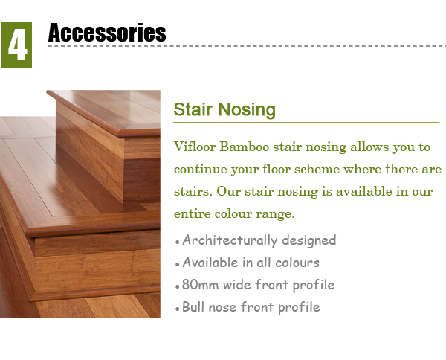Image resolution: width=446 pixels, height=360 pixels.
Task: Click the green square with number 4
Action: tap(16, 45)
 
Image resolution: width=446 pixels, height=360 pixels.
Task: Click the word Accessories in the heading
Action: tap(107, 33)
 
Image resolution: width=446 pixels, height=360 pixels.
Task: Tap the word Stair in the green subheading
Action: tap(193, 109)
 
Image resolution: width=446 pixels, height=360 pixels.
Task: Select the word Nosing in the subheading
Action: tap(248, 110)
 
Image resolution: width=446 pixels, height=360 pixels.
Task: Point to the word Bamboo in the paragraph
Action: tap(245, 147)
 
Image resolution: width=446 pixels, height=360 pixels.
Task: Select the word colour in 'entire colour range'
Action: tap(233, 213)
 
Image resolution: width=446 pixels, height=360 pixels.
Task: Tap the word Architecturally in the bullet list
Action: tap(230, 240)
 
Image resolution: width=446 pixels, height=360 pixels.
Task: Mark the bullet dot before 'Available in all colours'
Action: tap(178, 264)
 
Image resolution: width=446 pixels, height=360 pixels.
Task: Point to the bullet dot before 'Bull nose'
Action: tap(178, 309)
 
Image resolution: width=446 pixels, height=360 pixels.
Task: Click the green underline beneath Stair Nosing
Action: tap(306, 123)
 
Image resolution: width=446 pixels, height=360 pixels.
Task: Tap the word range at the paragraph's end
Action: tap(275, 214)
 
